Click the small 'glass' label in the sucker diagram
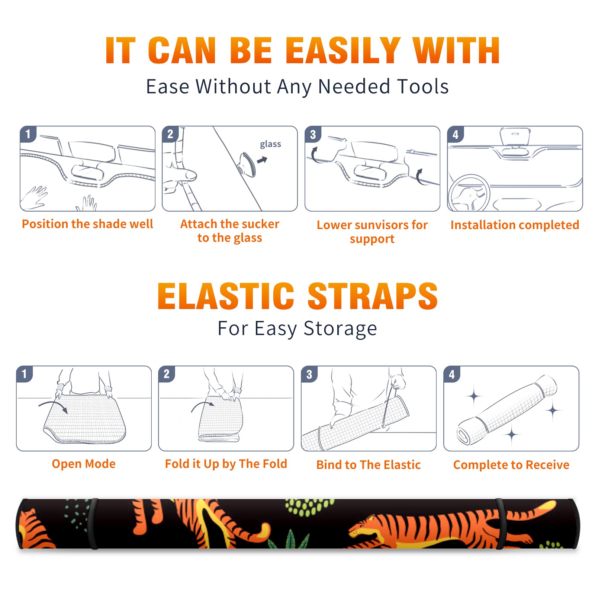tap(270, 144)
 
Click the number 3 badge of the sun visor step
tap(313, 134)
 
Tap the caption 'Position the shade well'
tap(87, 224)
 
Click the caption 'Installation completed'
tap(515, 225)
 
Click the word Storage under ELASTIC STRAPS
tap(340, 329)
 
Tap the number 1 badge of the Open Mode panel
tap(24, 374)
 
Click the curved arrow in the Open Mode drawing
tap(53, 406)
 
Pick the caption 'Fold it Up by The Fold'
tap(226, 464)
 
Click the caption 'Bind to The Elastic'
tap(368, 465)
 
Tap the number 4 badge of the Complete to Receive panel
tap(451, 374)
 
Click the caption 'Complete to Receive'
tap(511, 465)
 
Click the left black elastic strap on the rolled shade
tap(93, 524)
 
